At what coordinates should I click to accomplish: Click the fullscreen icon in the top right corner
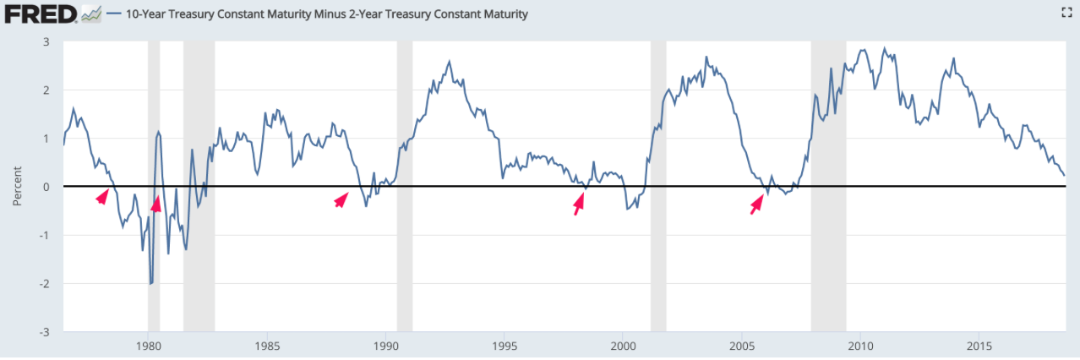[x=1066, y=13]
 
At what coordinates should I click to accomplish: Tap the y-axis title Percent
[x=18, y=186]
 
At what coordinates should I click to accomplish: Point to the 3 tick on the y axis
[x=46, y=41]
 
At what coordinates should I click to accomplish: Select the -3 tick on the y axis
[x=43, y=332]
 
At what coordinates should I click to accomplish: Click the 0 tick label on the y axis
[x=46, y=187]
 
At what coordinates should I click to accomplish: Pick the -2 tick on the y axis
[x=43, y=284]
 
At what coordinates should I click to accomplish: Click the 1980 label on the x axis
[x=148, y=346]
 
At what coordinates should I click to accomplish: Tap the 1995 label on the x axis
[x=505, y=346]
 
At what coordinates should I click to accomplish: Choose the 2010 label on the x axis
[x=860, y=346]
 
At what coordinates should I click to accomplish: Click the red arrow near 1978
[x=102, y=196]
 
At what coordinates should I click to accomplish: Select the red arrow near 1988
[x=341, y=199]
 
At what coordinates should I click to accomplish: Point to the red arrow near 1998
[x=579, y=203]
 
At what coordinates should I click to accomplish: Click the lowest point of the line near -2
[x=150, y=284]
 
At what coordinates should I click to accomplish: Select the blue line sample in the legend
[x=112, y=14]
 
